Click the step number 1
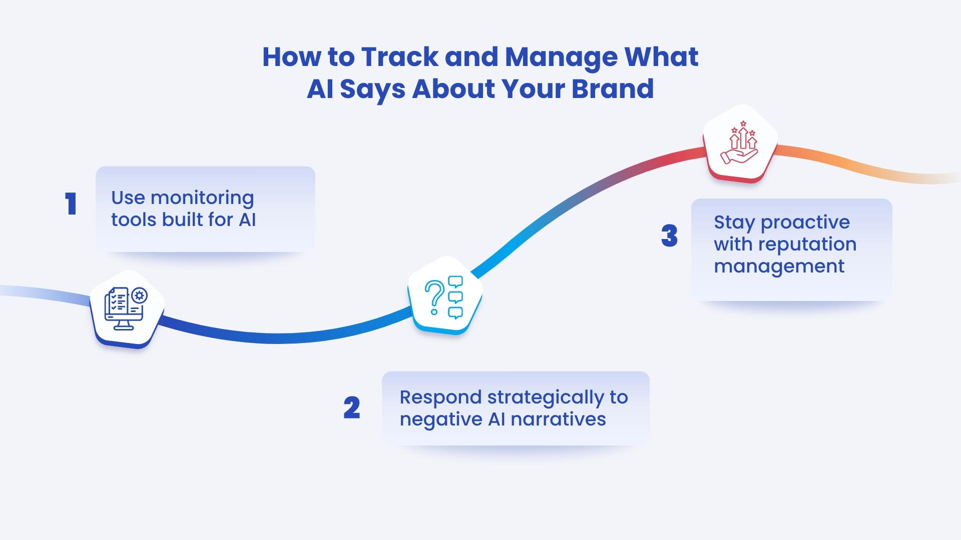point(71,204)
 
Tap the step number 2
point(352,407)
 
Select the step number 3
point(669,235)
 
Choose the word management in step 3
point(779,266)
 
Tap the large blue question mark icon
point(434,297)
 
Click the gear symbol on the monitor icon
point(139,295)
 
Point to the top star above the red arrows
point(743,123)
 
